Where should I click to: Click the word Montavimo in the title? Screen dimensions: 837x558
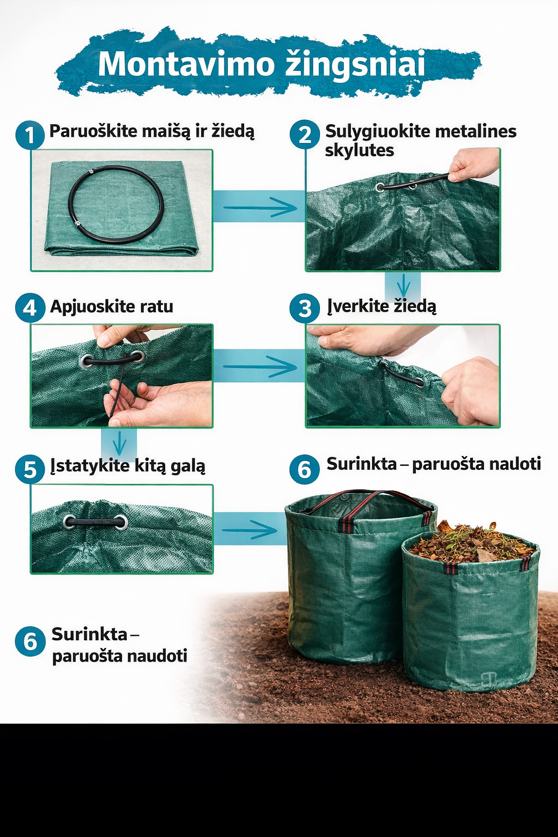tap(185, 64)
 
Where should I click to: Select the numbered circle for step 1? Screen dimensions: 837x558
tap(29, 135)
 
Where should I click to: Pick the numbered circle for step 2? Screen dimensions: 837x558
tap(305, 135)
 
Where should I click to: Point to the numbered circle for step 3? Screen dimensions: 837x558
tap(305, 308)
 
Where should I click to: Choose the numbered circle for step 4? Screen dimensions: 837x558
tap(29, 308)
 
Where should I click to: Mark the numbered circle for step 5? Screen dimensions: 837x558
tap(29, 469)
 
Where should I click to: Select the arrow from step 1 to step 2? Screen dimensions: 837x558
tap(259, 207)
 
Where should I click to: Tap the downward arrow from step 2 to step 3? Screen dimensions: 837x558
tap(403, 284)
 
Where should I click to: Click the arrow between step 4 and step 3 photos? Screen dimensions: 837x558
tap(259, 366)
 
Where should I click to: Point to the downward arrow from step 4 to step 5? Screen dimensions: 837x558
tap(119, 442)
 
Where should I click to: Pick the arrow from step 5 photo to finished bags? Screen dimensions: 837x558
tap(250, 529)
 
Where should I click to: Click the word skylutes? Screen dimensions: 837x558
tap(359, 150)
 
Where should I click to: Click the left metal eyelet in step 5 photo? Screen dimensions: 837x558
tap(70, 522)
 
